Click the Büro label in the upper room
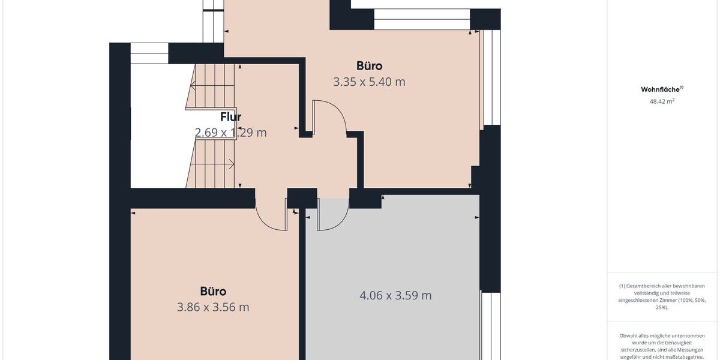point(369,66)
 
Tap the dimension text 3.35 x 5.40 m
point(369,82)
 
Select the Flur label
point(230,117)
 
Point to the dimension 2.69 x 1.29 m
point(230,133)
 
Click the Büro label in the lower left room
point(213,292)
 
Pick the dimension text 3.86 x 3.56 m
point(213,307)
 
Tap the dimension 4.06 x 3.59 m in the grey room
point(395,295)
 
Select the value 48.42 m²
point(662,101)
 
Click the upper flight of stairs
point(211,87)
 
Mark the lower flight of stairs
point(211,163)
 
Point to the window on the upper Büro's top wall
point(422,19)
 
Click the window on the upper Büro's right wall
point(491,78)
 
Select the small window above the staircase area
point(149,53)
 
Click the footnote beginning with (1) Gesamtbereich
point(662,296)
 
